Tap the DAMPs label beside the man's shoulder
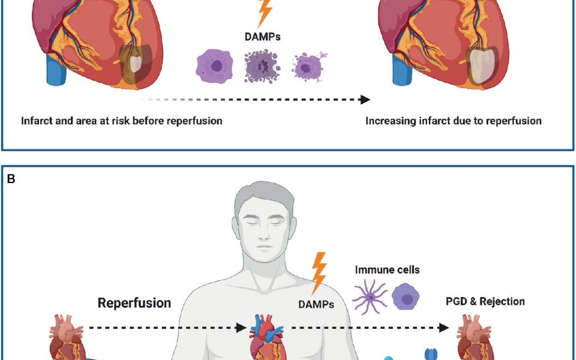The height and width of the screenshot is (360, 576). pos(316,305)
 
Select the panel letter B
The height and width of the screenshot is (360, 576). pos(11,178)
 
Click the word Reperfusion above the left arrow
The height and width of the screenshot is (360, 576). pos(134,303)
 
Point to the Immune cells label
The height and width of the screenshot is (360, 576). pos(388,269)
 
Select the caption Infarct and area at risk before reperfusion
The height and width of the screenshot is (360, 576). pos(122,121)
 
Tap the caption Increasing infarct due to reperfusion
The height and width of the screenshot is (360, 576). pos(454,121)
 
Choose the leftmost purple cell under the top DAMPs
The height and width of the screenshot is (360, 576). pos(213,67)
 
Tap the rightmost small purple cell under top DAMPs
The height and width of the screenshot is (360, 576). pos(307,66)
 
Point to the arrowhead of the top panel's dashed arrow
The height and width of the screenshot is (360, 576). pos(365,100)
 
